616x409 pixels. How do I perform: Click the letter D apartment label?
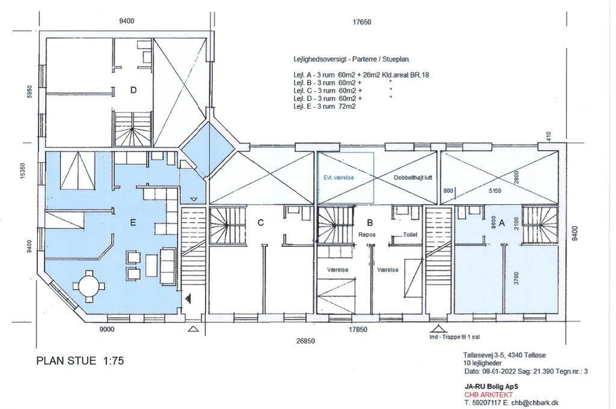133,91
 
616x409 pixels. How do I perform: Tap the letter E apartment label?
133,223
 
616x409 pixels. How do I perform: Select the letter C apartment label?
261,223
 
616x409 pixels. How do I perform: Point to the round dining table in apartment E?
89,286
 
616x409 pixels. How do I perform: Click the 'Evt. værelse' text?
338,178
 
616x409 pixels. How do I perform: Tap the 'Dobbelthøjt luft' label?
413,178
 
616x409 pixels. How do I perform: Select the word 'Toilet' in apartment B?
410,235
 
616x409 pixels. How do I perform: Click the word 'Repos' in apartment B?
367,235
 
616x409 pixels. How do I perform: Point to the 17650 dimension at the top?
361,22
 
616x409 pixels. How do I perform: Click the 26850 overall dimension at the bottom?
305,341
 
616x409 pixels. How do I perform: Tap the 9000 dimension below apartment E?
106,329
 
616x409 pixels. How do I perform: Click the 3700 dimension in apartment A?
516,279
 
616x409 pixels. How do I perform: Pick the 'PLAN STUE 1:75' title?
80,361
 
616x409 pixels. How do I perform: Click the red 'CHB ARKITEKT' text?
488,395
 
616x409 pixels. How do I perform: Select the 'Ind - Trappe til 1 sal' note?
454,337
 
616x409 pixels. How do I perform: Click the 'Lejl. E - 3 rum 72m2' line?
324,106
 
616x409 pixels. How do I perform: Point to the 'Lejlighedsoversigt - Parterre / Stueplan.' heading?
351,59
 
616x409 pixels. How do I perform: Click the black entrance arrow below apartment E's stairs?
190,299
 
